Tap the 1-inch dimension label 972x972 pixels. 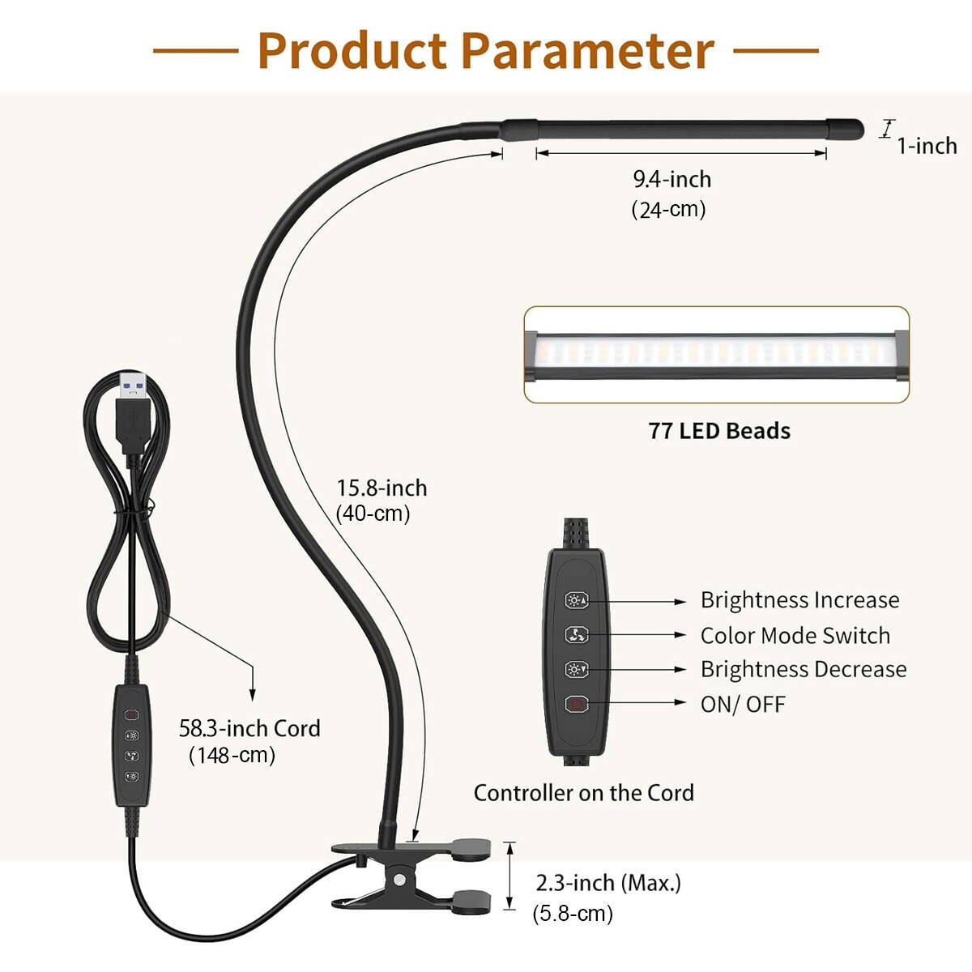tap(927, 146)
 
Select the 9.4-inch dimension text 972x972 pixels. tap(672, 179)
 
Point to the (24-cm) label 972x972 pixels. tap(668, 210)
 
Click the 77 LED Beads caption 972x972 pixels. tap(719, 431)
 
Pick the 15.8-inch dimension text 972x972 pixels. tap(382, 488)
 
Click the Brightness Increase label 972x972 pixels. tap(799, 600)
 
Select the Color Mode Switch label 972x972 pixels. tap(795, 636)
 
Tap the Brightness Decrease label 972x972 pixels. tap(803, 670)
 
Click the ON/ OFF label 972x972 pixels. tap(743, 704)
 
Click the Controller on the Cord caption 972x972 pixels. tap(583, 793)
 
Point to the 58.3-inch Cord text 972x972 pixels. tap(249, 728)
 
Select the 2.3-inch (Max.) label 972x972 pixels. tap(608, 883)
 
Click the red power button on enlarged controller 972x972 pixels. tap(576, 704)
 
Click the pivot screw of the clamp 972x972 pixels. tap(399, 879)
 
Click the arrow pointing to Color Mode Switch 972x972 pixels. tap(640, 635)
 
